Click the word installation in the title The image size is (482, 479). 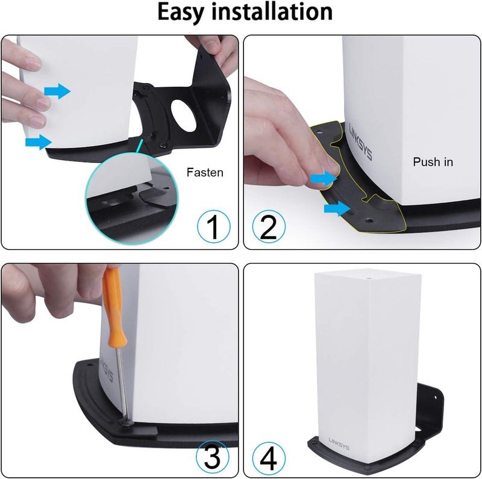272,11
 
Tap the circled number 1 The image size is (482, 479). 213,227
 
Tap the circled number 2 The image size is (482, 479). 269,227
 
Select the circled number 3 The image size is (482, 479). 213,457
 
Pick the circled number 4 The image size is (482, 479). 269,458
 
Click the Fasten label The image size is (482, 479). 205,173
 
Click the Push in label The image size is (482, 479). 433,162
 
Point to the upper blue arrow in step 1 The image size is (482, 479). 57,91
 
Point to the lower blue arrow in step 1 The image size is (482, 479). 39,142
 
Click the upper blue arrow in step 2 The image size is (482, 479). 324,178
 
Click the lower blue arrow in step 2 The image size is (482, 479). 337,209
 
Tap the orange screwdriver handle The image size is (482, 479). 113,307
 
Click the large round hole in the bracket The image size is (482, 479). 183,116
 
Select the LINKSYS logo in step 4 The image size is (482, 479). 339,443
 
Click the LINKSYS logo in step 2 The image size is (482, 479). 361,141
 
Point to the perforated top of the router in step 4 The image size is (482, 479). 367,276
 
